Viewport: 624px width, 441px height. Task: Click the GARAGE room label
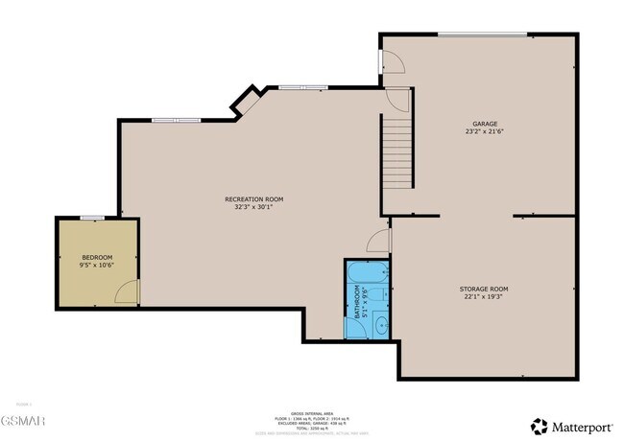484,124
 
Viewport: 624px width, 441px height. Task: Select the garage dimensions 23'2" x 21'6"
484,132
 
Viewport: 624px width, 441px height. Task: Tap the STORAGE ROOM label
484,288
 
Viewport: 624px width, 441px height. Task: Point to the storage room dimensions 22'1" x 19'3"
484,296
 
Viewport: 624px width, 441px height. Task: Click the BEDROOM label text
97,257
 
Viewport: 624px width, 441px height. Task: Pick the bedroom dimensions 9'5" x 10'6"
97,266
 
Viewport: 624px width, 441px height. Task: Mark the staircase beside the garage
398,151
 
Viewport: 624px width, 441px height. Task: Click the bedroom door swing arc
127,292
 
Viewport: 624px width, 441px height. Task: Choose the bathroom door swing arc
379,242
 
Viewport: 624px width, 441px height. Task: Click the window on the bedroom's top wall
92,218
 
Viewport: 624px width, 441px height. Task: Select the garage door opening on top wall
482,35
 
